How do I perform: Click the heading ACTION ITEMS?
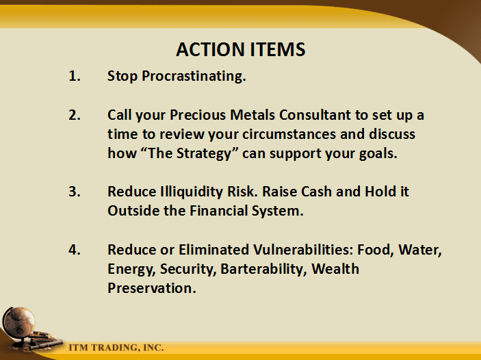(x=241, y=49)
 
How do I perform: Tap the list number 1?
(x=75, y=76)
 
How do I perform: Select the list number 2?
(x=75, y=115)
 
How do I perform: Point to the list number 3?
(x=75, y=192)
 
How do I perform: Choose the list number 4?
(x=75, y=250)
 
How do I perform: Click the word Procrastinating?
(x=194, y=77)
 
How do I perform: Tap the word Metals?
(x=252, y=115)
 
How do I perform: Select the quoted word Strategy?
(x=204, y=154)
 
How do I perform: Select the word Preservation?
(x=152, y=288)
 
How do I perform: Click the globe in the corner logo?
(x=19, y=322)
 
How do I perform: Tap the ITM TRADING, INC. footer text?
(x=116, y=348)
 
